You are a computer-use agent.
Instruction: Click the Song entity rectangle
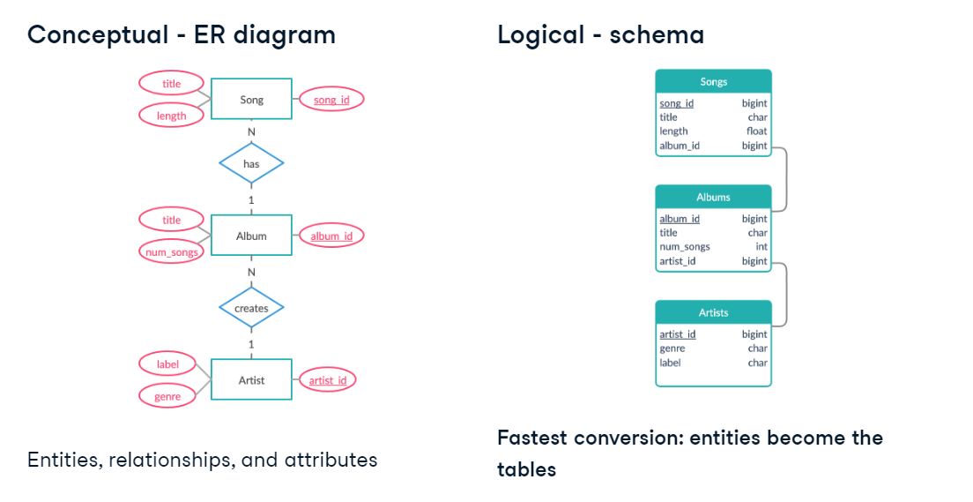[x=251, y=100]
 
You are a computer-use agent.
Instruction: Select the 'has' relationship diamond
[x=251, y=163]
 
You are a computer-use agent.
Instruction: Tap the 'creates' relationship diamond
[x=251, y=308]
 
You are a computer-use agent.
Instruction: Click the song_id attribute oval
[x=331, y=100]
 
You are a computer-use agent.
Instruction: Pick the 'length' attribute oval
[x=172, y=116]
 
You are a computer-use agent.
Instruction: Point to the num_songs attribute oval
[x=171, y=252]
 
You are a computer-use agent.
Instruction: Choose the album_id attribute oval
[x=331, y=236]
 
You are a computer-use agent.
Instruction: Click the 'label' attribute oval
[x=167, y=364]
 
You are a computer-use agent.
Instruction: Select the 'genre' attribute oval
[x=167, y=396]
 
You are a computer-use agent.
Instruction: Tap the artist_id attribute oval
[x=327, y=380]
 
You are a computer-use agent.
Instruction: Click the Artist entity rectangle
[x=251, y=380]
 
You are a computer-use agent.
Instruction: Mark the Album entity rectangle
[x=251, y=236]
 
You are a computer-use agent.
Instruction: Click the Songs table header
[x=713, y=81]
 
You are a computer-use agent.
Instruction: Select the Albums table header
[x=713, y=197]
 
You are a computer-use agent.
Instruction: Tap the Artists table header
[x=713, y=312]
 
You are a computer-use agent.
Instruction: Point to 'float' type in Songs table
[x=756, y=131]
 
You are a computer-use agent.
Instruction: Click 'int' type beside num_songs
[x=761, y=247]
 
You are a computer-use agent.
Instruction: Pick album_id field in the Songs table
[x=680, y=146]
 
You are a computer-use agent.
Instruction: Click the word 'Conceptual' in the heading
[x=97, y=34]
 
